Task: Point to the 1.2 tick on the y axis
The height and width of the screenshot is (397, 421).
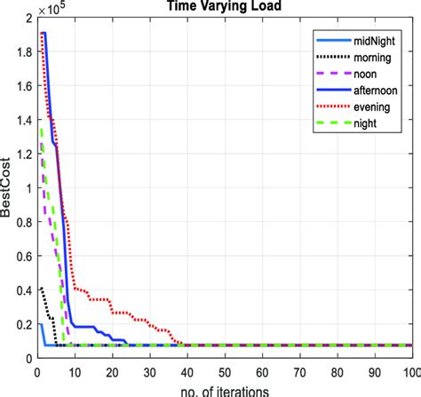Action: (24, 154)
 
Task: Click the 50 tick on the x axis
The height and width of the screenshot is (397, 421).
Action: (225, 370)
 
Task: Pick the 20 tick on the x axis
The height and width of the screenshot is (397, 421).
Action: (112, 370)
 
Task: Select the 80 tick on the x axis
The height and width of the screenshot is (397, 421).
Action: (338, 370)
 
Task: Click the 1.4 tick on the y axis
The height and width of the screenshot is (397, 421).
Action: (24, 120)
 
